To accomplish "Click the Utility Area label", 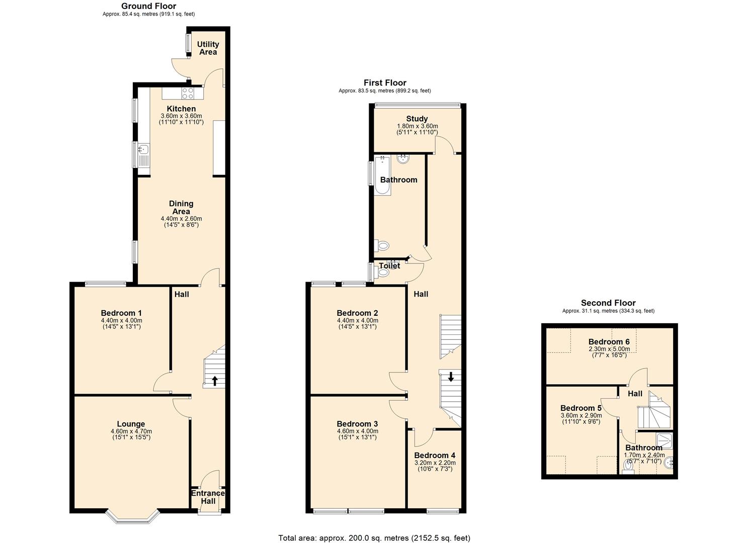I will (x=208, y=48).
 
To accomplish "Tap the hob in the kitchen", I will (x=188, y=93).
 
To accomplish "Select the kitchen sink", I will (x=143, y=149).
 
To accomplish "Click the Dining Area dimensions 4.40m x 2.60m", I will (x=181, y=219).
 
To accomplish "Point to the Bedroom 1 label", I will (x=121, y=313).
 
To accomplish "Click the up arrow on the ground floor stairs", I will (x=215, y=381).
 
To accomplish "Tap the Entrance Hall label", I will (x=208, y=497).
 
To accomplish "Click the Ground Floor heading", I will (x=148, y=6).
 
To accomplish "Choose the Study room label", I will (x=417, y=119).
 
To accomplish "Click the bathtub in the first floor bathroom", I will (x=382, y=175).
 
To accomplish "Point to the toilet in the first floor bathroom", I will (x=383, y=246).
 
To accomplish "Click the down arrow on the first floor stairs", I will (x=451, y=376).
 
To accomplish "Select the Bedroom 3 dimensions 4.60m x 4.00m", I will (x=357, y=431).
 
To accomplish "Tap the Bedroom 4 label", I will (x=435, y=456).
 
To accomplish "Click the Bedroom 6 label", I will (x=609, y=342).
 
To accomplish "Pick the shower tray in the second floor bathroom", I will (x=664, y=440).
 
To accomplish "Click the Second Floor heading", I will (x=608, y=303).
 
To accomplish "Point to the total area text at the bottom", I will (x=374, y=537).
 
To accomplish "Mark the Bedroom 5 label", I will (x=581, y=408).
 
